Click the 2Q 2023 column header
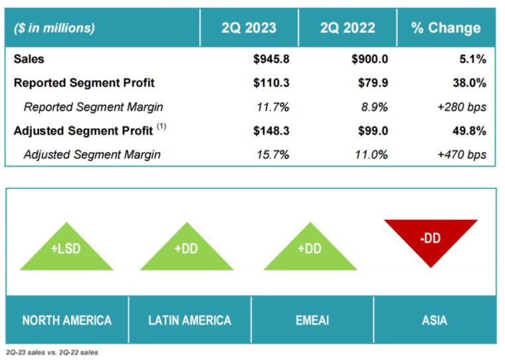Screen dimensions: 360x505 pos(249,28)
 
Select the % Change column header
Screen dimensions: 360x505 pos(446,28)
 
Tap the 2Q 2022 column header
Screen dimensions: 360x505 pos(348,28)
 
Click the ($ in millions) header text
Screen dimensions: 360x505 pos(54,28)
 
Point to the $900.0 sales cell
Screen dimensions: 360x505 pos(369,59)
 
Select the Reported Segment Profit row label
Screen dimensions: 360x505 pos(84,83)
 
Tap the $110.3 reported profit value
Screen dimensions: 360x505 pos(271,83)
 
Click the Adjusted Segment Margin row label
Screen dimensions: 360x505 pos(92,155)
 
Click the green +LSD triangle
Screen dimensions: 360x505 pos(66,250)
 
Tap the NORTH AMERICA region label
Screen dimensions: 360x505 pos(66,320)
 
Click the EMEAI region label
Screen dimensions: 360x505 pos(312,320)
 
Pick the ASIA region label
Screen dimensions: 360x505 pos(435,320)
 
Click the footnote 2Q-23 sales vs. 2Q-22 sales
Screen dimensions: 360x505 pos(52,352)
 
